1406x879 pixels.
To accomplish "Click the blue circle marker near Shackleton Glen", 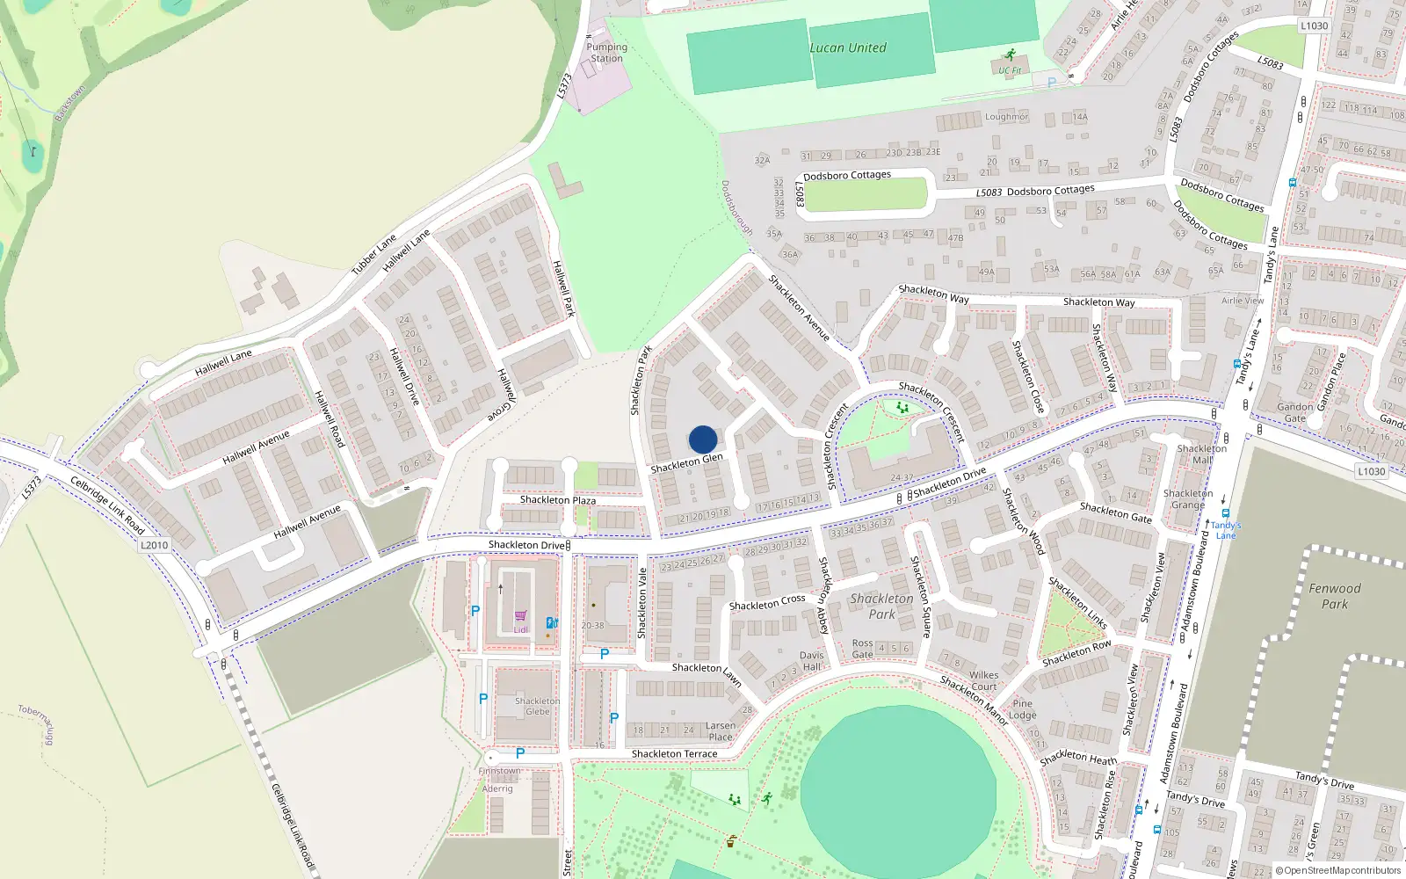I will click(703, 439).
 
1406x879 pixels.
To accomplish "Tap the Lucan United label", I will click(848, 48).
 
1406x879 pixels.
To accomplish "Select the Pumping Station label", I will click(606, 53).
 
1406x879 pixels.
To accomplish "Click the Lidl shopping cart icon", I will click(520, 616).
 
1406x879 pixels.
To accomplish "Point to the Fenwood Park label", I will click(1334, 596).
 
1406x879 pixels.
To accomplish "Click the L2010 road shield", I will click(154, 545).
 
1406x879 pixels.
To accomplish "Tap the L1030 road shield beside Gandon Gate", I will click(1371, 471).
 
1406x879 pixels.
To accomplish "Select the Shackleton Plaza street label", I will click(557, 500).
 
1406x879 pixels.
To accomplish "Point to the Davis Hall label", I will click(812, 660).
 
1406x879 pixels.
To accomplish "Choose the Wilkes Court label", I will click(983, 680).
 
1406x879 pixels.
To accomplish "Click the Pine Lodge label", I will click(1022, 709).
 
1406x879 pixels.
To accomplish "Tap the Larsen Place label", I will click(720, 731).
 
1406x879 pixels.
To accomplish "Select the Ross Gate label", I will click(863, 649).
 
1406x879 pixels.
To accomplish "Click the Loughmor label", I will click(1006, 117).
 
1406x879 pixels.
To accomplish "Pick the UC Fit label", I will click(1010, 70).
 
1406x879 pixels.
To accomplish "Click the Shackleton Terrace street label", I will click(674, 754).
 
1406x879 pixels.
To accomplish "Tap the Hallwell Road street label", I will click(329, 418).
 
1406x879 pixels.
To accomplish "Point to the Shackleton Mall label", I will click(1201, 454).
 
